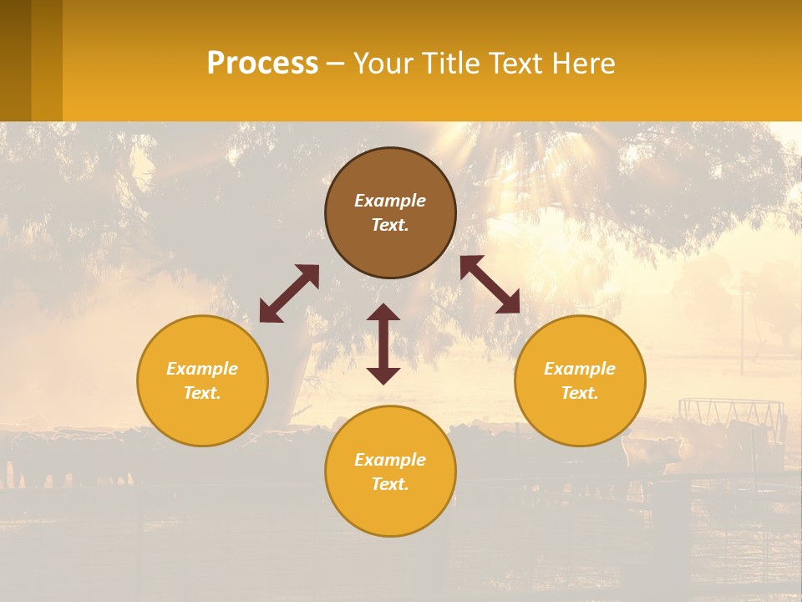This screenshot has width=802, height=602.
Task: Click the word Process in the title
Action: [x=262, y=64]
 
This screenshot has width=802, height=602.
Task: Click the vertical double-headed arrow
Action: [x=383, y=344]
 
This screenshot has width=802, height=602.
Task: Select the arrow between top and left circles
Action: [x=289, y=293]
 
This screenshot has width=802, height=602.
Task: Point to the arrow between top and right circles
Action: [x=490, y=284]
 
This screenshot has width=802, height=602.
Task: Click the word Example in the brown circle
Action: [x=390, y=201]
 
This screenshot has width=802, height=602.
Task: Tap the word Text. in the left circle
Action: [x=202, y=393]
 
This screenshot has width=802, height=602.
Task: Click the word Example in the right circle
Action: [x=580, y=369]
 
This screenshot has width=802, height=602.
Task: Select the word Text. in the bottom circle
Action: [x=390, y=484]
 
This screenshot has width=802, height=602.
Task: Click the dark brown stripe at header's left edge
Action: [x=15, y=60]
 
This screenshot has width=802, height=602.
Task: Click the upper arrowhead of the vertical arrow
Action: [x=383, y=313]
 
